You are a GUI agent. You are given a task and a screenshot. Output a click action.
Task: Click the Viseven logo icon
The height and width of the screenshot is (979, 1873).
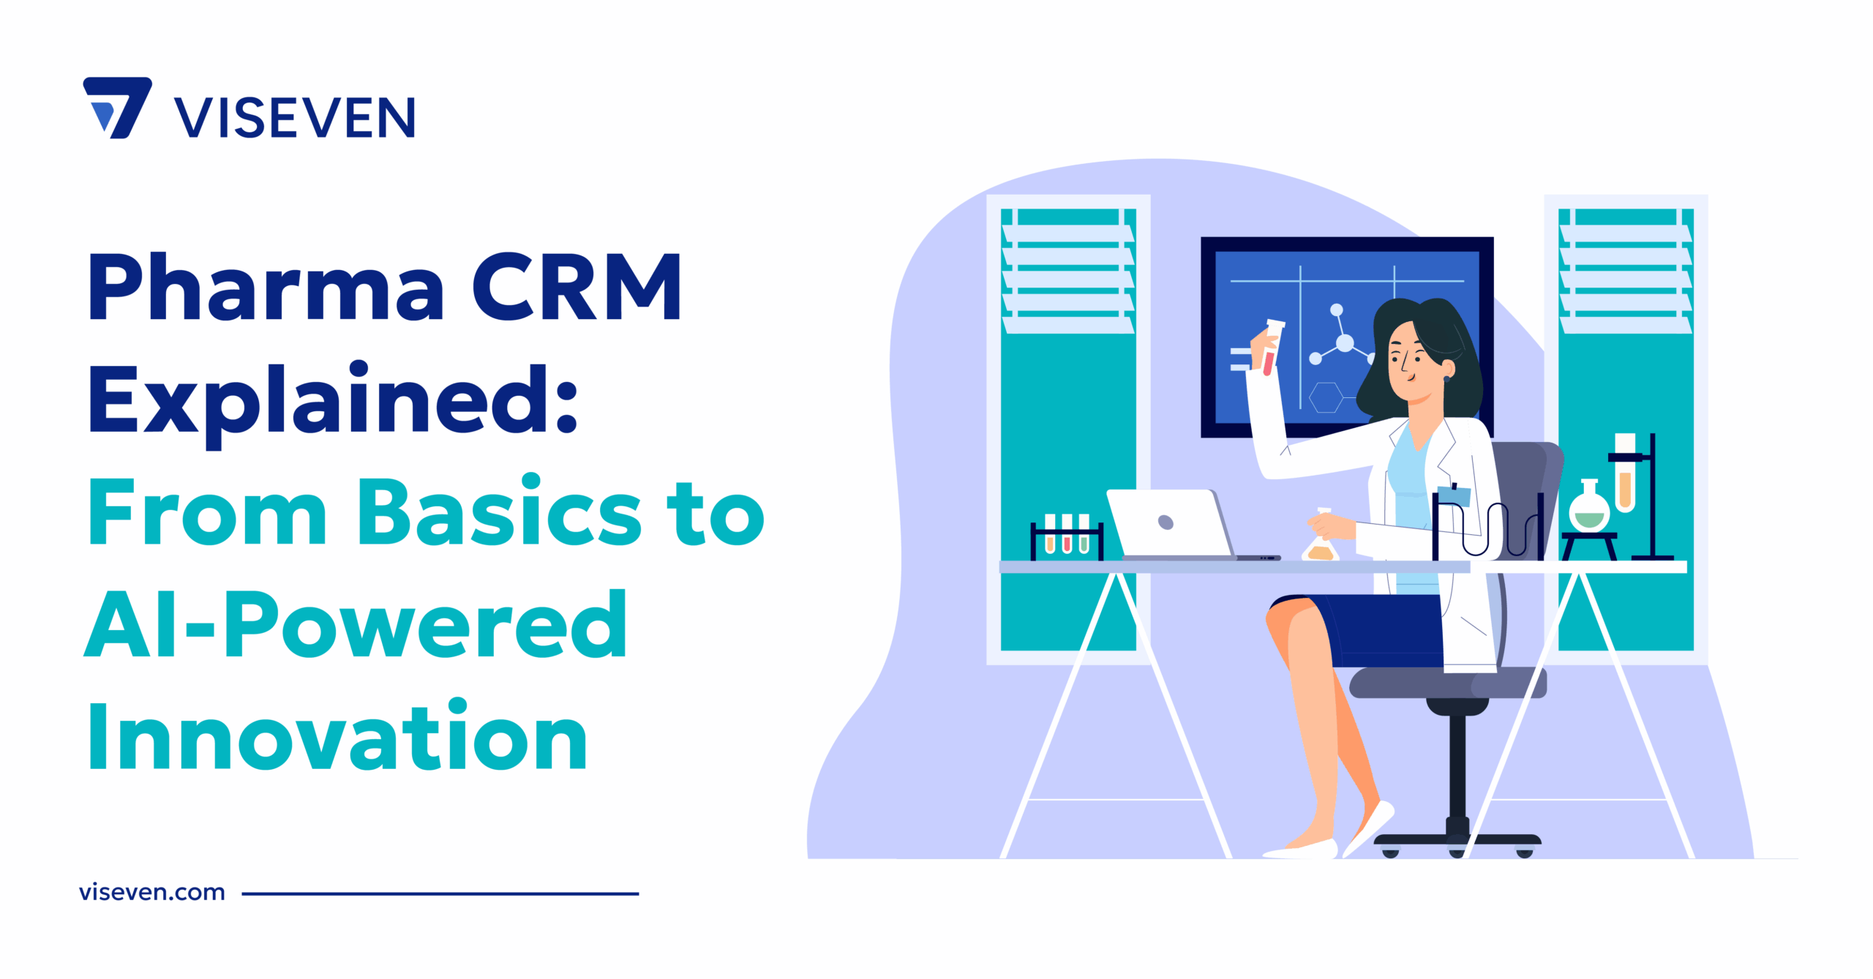[118, 108]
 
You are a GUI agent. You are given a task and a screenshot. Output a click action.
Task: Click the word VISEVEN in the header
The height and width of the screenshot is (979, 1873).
[294, 118]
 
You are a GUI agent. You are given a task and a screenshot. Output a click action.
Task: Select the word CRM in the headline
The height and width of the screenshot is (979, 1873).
[577, 287]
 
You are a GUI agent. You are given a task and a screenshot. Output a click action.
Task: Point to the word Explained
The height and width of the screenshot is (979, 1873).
[334, 401]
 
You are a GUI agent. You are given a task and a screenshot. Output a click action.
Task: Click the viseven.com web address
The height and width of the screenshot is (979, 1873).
[152, 893]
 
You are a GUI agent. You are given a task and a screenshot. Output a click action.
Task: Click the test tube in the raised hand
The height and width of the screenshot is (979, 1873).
[1272, 347]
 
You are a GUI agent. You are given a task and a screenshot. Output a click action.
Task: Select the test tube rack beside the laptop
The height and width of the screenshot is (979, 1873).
[1067, 539]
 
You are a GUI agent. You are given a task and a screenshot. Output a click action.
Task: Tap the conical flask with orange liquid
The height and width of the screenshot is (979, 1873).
[1321, 545]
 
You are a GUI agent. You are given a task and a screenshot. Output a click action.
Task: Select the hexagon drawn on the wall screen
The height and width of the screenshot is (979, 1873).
[1326, 397]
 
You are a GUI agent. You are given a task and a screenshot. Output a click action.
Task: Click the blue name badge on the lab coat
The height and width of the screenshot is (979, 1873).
[1454, 496]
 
